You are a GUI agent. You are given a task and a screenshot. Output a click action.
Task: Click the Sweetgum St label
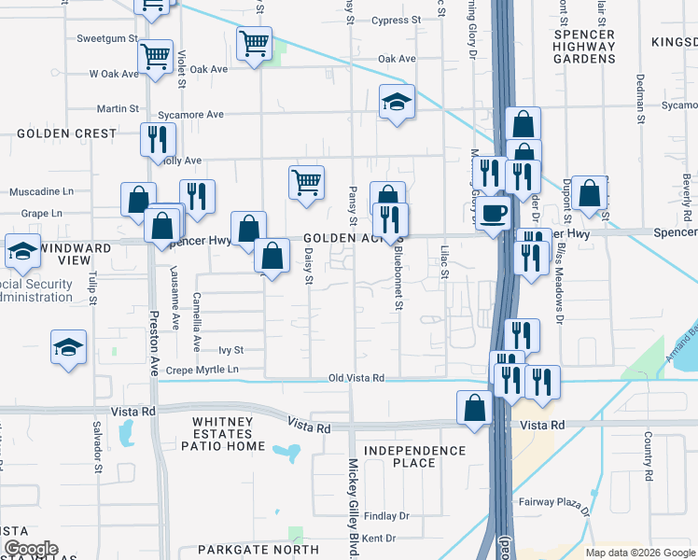click(107, 39)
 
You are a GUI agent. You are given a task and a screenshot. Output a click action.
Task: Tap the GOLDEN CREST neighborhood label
click(66, 133)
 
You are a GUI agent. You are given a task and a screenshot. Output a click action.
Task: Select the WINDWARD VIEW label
click(77, 250)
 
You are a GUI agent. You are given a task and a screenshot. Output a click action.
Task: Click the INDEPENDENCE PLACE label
click(414, 456)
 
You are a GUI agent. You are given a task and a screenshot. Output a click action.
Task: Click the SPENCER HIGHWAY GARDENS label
click(584, 46)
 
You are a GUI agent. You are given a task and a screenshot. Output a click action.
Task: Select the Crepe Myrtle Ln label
click(202, 371)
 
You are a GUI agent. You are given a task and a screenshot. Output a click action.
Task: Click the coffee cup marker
click(494, 214)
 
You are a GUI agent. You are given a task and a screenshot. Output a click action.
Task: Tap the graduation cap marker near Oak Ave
click(397, 102)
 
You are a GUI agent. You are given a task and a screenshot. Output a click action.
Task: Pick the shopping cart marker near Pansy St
click(306, 182)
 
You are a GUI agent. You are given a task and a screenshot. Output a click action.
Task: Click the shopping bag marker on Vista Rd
click(474, 408)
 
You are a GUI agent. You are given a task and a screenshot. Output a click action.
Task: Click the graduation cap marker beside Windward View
click(22, 250)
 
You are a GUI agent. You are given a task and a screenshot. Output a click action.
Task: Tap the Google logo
click(31, 549)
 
